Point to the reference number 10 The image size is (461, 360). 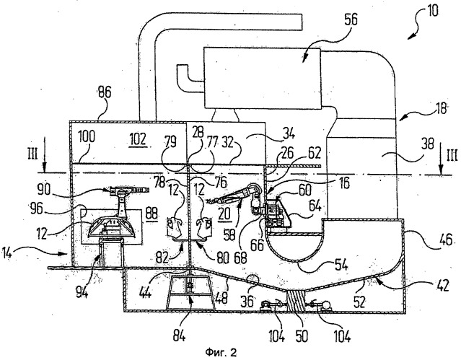431,11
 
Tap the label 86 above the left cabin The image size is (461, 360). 105,92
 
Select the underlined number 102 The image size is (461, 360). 139,139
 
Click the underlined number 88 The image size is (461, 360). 152,214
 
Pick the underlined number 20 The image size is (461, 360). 224,214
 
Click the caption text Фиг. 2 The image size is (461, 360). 221,352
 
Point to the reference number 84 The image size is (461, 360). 179,335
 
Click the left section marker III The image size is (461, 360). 33,154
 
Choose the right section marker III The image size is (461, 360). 452,155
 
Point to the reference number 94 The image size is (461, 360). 82,291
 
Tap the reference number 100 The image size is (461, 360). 86,137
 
